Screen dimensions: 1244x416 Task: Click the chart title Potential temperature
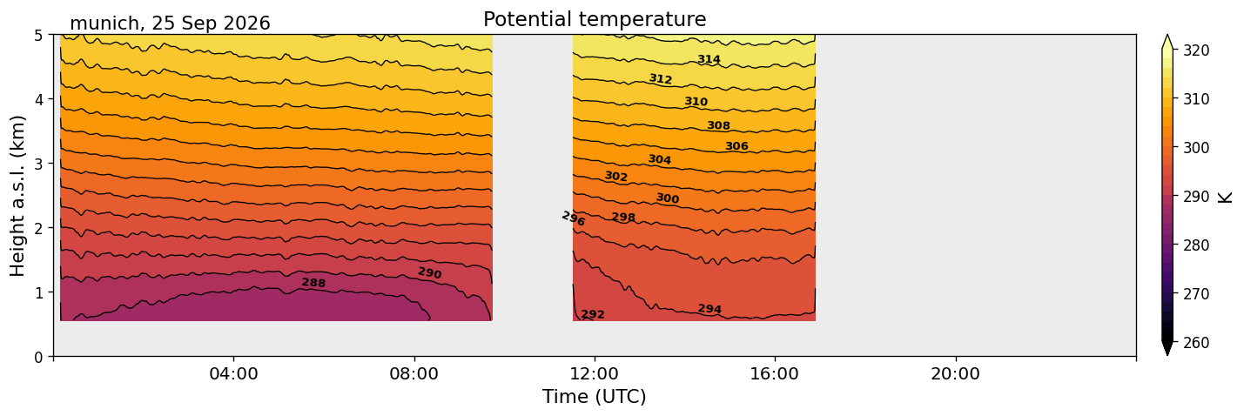click(595, 19)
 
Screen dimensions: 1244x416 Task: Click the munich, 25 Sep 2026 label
click(170, 23)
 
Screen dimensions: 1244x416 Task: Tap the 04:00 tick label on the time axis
click(234, 373)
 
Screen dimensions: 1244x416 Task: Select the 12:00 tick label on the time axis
click(595, 373)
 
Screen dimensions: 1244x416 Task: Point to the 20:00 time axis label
click(955, 373)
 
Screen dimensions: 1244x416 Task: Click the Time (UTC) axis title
click(595, 397)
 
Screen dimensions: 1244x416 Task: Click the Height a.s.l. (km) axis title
click(17, 196)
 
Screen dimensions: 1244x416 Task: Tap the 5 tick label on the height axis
click(38, 36)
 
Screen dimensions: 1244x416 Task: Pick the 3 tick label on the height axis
click(38, 164)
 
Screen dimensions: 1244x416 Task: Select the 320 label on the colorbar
click(1196, 50)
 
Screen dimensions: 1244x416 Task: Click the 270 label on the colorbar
click(1196, 294)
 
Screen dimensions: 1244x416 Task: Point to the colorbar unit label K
click(1225, 198)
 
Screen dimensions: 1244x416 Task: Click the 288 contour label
click(313, 283)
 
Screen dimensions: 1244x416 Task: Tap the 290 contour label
click(430, 272)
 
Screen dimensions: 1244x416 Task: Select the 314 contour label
click(709, 59)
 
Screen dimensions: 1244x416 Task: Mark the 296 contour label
click(574, 218)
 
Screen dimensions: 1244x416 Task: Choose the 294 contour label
click(709, 309)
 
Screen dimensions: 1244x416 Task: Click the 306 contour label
click(737, 146)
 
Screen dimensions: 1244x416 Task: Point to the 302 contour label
click(615, 176)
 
